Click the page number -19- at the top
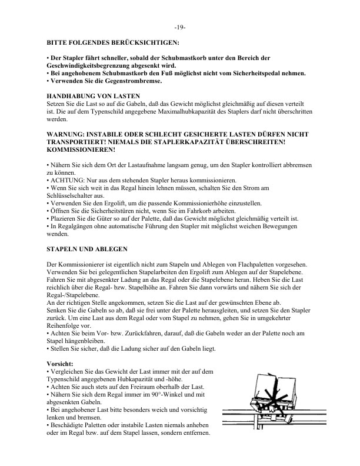pyautogui.click(x=180, y=28)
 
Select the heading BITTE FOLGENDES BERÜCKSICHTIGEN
pyautogui.click(x=113, y=42)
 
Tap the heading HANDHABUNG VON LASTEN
pyautogui.click(x=89, y=95)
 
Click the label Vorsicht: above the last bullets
pyautogui.click(x=60, y=364)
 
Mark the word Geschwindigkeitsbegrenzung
pyautogui.click(x=88, y=65)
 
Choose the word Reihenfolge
pyautogui.click(x=65, y=326)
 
